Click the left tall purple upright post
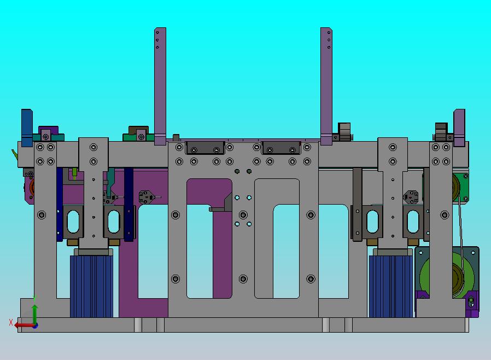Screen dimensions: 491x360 [x=160, y=86]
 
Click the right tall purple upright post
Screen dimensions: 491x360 [x=326, y=86]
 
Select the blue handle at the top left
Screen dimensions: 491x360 [x=27, y=127]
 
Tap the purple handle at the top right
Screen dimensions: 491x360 [x=459, y=127]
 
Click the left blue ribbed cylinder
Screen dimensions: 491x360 [x=91, y=286]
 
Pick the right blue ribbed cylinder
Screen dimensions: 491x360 [x=391, y=286]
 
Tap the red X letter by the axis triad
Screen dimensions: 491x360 [x=11, y=322]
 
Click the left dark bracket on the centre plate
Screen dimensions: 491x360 [x=205, y=148]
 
